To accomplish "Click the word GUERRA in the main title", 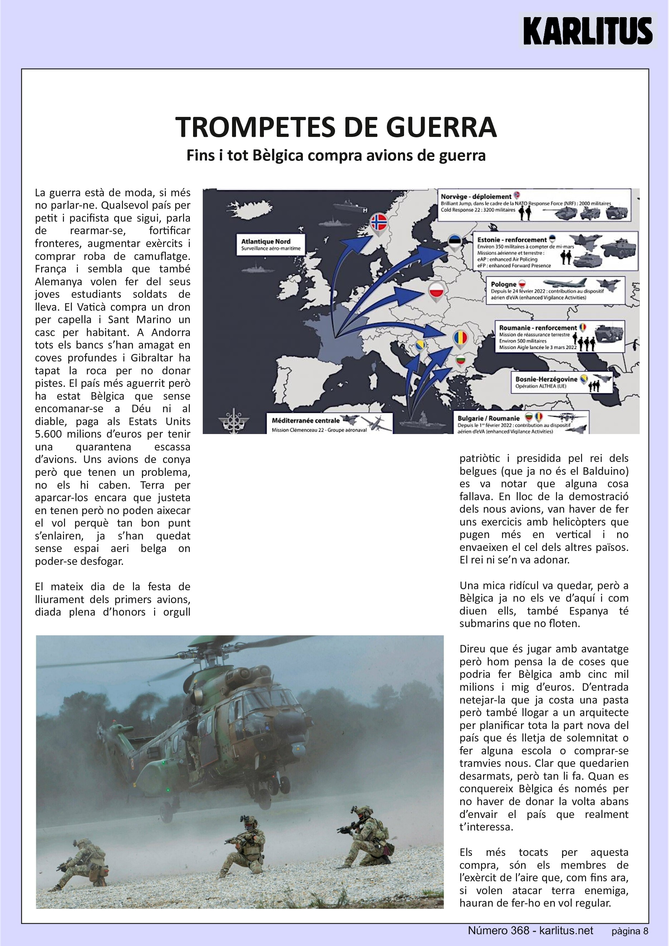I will (x=441, y=127).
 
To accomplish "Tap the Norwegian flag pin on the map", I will (x=379, y=222).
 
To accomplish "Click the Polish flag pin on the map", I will (x=436, y=291).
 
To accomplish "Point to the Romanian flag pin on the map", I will (x=460, y=339).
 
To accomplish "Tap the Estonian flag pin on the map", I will (x=455, y=242).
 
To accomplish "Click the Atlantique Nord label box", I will (x=271, y=244).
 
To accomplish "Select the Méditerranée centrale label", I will (x=306, y=420).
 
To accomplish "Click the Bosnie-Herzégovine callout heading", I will (x=546, y=379).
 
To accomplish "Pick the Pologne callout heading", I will (x=503, y=284).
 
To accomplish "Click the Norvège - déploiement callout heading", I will (x=476, y=197).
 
